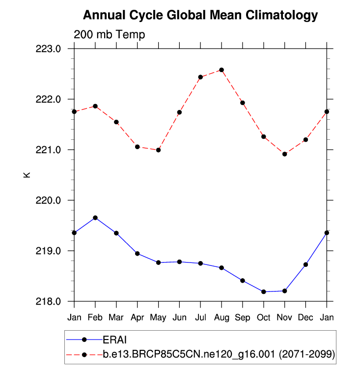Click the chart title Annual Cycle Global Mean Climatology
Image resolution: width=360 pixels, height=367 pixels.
(x=200, y=15)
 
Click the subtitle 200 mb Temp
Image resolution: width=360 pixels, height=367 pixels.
(x=109, y=34)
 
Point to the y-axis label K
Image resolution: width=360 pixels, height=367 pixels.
(x=27, y=174)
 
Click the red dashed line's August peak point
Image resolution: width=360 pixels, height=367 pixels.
(x=222, y=70)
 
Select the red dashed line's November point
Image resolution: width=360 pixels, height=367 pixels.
(x=284, y=154)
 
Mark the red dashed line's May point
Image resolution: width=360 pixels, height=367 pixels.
(x=158, y=150)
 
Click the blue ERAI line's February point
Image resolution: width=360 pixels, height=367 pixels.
(x=95, y=217)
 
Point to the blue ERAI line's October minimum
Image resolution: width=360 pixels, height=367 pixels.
(x=264, y=292)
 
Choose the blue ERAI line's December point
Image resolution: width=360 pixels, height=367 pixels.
(x=305, y=264)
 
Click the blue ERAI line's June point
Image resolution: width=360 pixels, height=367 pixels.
(x=179, y=262)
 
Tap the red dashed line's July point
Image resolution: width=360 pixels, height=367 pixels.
(x=200, y=77)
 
